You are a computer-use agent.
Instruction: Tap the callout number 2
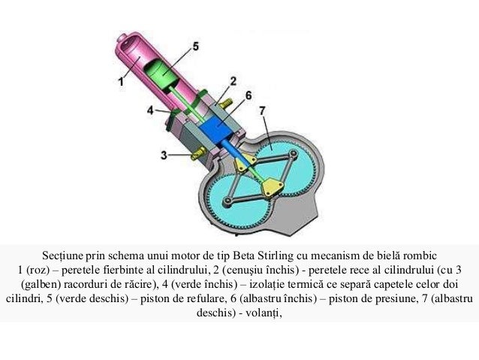coord(233,80)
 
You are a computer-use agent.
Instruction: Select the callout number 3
coord(164,156)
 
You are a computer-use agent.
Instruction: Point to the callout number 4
coord(150,110)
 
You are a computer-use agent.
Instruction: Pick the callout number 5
coord(195,46)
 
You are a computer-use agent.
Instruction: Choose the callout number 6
coord(249,95)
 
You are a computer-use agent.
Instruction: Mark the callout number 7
coord(262,110)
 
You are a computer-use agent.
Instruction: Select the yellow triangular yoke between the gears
coord(275,186)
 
